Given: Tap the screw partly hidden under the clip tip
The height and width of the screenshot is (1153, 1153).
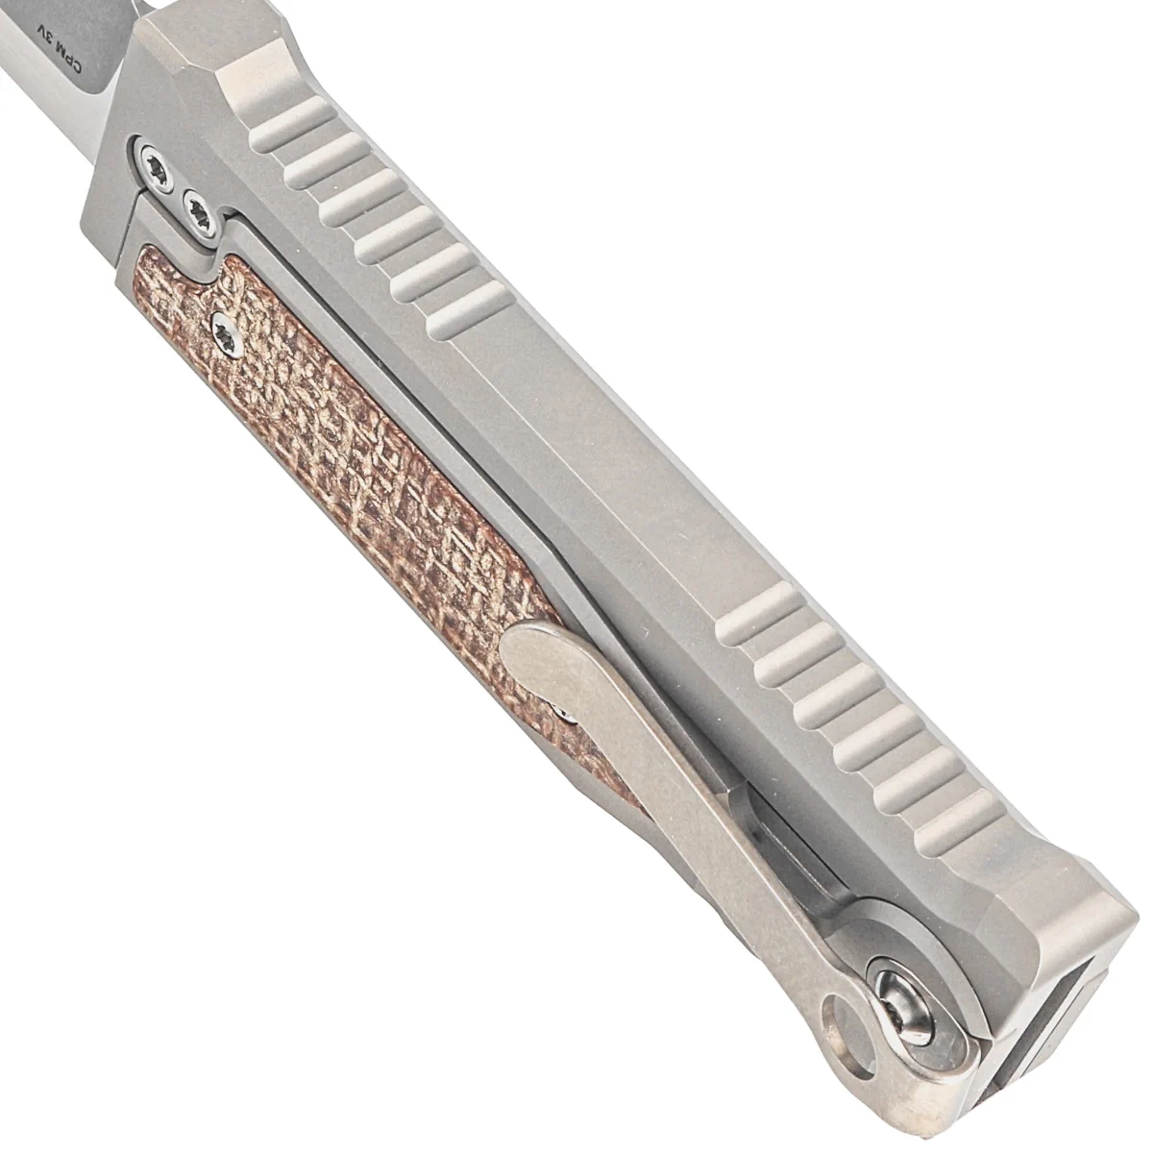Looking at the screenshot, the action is (x=565, y=714).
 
